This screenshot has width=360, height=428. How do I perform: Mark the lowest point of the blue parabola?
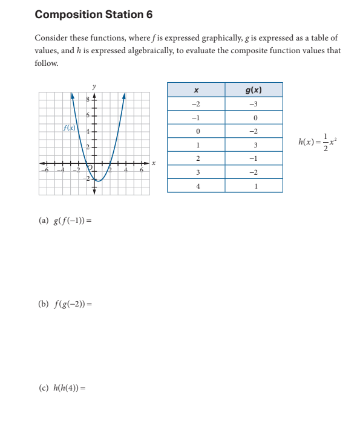pyautogui.click(x=101, y=180)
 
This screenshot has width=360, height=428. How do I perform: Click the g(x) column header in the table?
pyautogui.click(x=254, y=89)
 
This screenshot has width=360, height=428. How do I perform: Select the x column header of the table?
pyautogui.click(x=196, y=89)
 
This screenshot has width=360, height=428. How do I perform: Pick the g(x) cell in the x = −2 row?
pyautogui.click(x=254, y=103)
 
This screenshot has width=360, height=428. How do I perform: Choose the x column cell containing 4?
pyautogui.click(x=196, y=186)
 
